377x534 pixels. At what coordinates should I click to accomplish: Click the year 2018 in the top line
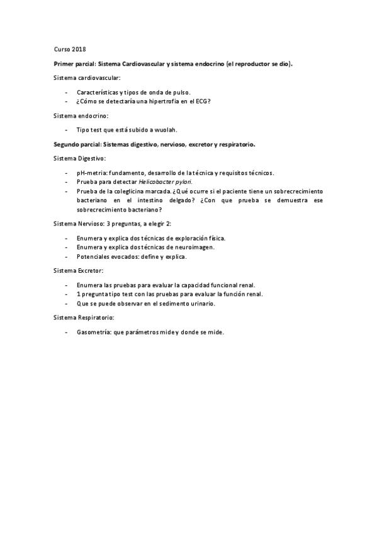coord(79,49)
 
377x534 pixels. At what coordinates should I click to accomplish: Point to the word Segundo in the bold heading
coord(67,144)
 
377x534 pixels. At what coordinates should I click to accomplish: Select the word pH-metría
coord(89,172)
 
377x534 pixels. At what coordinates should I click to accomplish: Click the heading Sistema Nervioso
coord(80,224)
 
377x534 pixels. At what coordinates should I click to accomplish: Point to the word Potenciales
coord(93,257)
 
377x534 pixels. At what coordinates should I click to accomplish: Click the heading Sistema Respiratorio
coord(83,318)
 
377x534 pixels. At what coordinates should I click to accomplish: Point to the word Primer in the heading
coord(65,64)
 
